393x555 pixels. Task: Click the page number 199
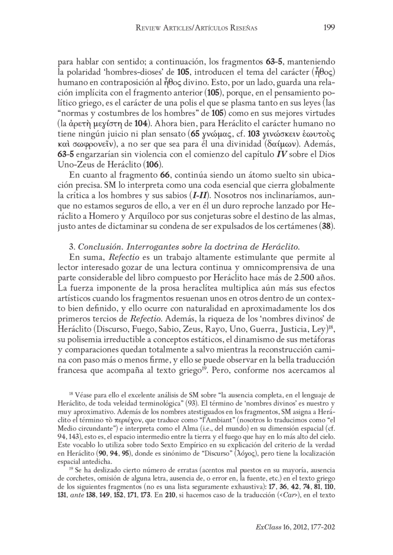click(329, 29)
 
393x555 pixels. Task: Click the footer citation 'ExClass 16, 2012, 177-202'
click(295, 526)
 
